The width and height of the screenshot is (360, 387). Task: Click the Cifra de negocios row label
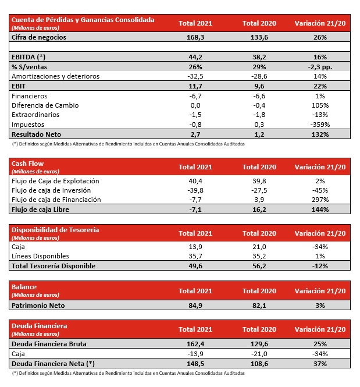pos(39,37)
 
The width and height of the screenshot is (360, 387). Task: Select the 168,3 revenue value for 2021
pos(195,37)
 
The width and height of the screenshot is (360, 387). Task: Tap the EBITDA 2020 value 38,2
pos(258,57)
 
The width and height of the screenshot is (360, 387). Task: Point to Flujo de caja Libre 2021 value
pos(195,210)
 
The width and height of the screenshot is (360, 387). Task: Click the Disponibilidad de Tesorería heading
pos(55,230)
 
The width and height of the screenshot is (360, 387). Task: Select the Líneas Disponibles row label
pos(40,256)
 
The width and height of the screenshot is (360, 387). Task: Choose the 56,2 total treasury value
pos(258,266)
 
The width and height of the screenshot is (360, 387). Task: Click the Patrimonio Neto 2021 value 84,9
pos(195,305)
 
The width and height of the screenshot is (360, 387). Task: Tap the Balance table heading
pos(24,287)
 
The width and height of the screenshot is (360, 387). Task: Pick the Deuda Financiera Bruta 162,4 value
pos(195,344)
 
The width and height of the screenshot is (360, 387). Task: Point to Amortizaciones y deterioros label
pos(55,76)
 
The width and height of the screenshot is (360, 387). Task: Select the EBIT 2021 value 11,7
pos(195,86)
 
